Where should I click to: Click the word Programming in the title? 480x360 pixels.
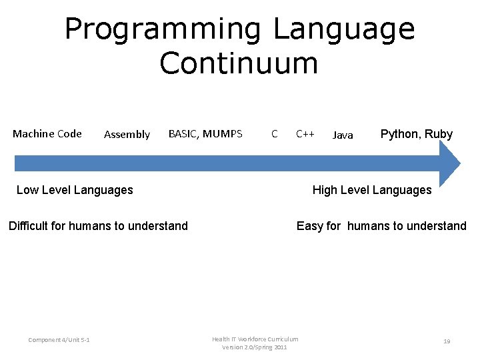[162, 30]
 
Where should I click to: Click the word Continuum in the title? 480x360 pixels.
[239, 63]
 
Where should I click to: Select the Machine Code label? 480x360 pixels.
[47, 133]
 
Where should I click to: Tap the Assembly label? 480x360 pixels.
[127, 135]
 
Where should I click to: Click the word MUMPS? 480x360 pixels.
[222, 133]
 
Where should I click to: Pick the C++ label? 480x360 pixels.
[305, 134]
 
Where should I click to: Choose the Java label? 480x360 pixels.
[343, 135]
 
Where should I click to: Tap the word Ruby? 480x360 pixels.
[439, 134]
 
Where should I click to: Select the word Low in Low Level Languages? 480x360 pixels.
[27, 190]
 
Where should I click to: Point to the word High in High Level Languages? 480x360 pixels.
[325, 190]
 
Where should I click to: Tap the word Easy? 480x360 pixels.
[309, 226]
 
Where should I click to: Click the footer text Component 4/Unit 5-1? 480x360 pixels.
[59, 341]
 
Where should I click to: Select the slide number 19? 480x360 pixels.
[447, 341]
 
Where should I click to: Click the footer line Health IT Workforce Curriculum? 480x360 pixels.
[255, 339]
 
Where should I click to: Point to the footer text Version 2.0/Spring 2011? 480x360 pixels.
[255, 347]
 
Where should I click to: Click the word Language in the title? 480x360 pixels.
[343, 30]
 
